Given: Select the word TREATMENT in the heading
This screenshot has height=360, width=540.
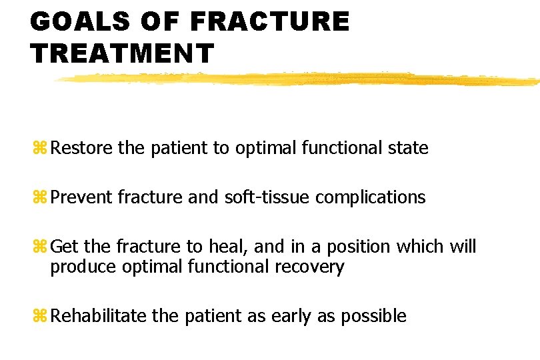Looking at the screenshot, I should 122,53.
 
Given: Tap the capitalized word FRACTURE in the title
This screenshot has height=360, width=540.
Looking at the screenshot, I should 269,22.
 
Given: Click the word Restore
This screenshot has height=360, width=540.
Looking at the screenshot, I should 81,147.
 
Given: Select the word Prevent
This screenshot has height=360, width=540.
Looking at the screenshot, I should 81,197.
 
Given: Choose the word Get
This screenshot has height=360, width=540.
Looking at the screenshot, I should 65,247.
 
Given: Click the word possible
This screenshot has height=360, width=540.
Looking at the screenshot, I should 373,316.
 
